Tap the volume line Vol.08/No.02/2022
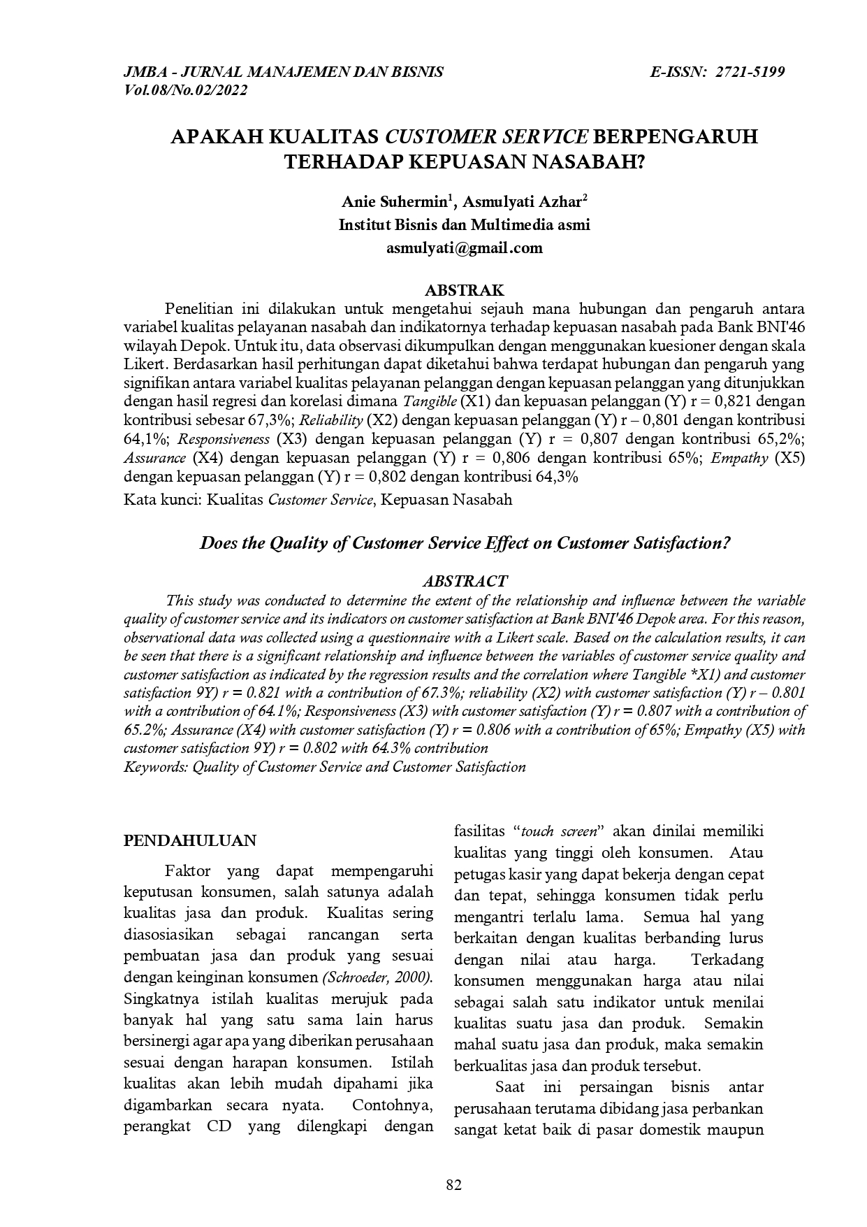tap(185, 90)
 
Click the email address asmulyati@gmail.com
tap(465, 247)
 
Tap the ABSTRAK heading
tap(465, 290)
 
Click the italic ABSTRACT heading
tap(465, 581)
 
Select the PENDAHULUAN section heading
tap(190, 840)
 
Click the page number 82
tap(454, 1184)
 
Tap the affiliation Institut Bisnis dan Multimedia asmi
tap(465, 225)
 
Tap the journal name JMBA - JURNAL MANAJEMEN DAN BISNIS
tap(284, 72)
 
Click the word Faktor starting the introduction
tap(186, 871)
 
